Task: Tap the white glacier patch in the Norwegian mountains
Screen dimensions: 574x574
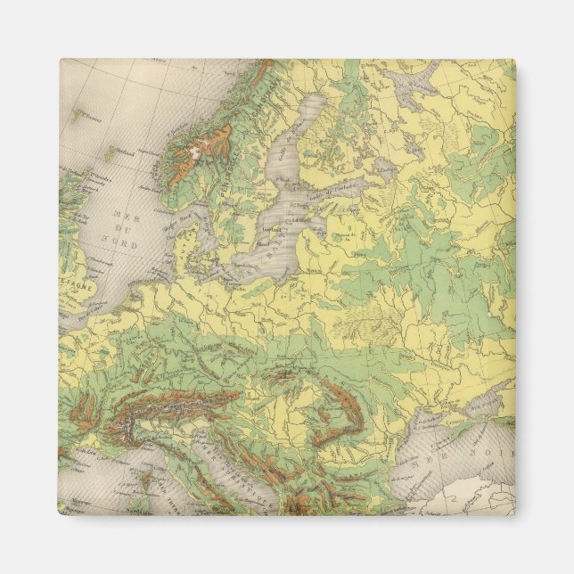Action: [x=192, y=153]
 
